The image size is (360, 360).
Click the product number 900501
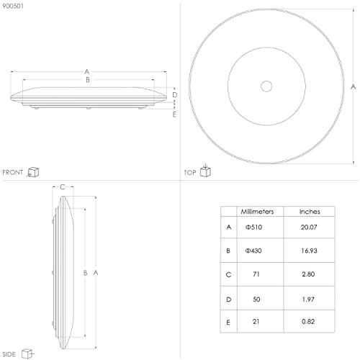pyautogui.click(x=13, y=6)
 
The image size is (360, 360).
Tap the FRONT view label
pyautogui.click(x=12, y=172)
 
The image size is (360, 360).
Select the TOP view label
pyautogui.click(x=190, y=173)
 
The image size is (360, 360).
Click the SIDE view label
pyautogui.click(x=9, y=354)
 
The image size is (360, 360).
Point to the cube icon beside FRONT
pyautogui.click(x=33, y=172)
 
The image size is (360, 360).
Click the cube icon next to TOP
pyautogui.click(x=205, y=171)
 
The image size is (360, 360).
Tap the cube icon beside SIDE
pyautogui.click(x=27, y=354)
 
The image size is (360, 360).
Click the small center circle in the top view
pyautogui.click(x=266, y=86)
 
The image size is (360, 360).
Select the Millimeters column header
pyautogui.click(x=257, y=212)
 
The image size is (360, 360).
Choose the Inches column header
pyautogui.click(x=310, y=212)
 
